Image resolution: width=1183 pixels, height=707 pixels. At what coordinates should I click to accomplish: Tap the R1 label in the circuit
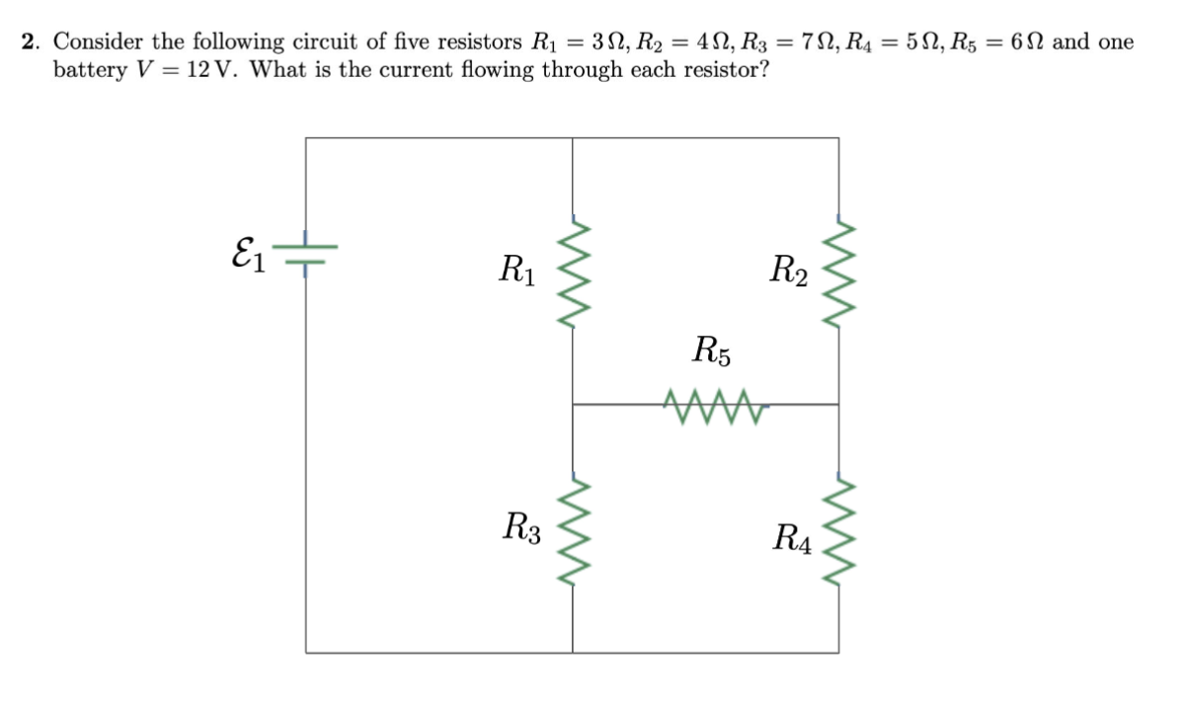(x=517, y=268)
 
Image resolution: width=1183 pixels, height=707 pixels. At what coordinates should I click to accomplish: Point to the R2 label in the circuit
(x=790, y=269)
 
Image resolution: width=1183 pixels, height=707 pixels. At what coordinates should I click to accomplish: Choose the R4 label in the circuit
(x=793, y=539)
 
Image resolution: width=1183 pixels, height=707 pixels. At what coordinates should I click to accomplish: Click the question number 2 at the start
(x=31, y=42)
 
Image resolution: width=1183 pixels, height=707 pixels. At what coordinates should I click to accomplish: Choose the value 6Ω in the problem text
(x=1023, y=42)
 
